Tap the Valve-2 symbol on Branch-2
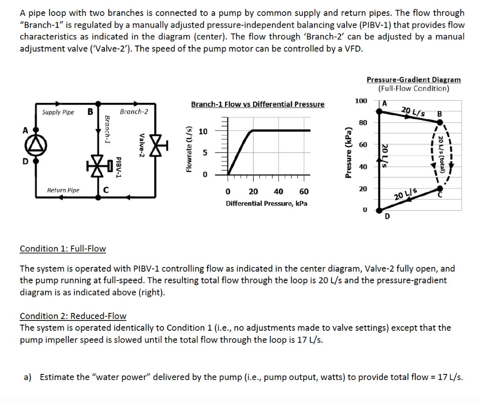(155, 145)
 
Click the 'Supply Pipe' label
(58, 112)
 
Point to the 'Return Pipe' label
(63, 190)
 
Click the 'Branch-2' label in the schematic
(134, 112)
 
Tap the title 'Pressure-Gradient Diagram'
(413, 80)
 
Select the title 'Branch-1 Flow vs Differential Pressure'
(257, 104)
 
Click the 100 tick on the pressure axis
(360, 101)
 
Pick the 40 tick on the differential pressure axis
(278, 191)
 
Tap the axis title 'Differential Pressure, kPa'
(266, 204)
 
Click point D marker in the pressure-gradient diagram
(380, 210)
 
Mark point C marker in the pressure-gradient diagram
(439, 188)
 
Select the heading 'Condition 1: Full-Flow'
(63, 249)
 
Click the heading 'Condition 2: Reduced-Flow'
(73, 316)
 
